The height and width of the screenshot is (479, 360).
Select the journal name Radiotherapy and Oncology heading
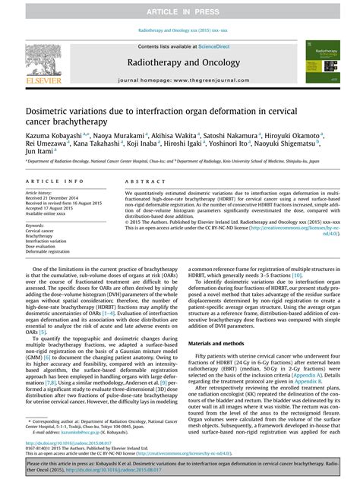click(x=180, y=64)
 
